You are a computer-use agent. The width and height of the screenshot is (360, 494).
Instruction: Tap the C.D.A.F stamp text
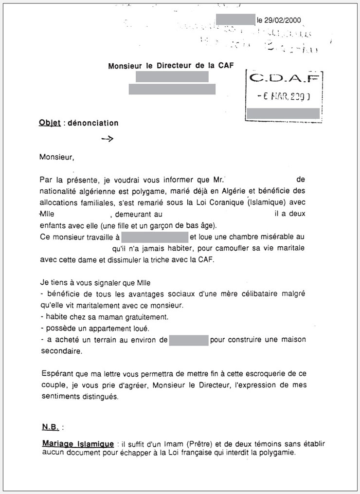(x=285, y=78)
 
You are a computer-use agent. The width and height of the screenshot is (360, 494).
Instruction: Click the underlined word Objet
(x=50, y=123)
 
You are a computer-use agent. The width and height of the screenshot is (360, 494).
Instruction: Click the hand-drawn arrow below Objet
(x=107, y=139)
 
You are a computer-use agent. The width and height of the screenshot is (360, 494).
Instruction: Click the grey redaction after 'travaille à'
(x=155, y=237)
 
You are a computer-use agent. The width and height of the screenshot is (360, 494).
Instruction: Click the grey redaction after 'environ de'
(x=189, y=340)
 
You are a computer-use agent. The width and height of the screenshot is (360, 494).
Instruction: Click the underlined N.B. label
(x=50, y=427)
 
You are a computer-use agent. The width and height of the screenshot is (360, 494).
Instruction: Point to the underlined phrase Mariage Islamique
(x=78, y=443)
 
